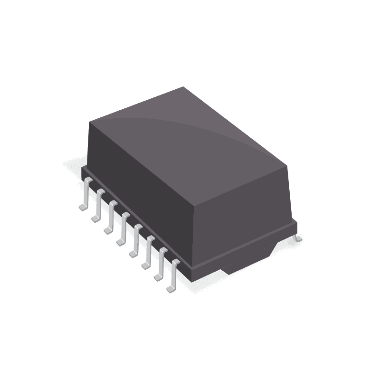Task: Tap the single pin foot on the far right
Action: point(297,238)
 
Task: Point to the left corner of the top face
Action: point(90,122)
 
